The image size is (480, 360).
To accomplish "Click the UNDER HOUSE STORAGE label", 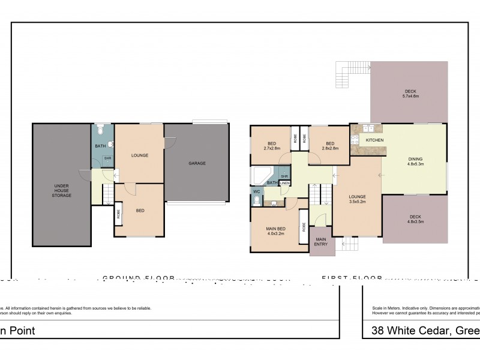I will click(62, 191).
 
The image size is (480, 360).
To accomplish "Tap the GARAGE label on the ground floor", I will click(197, 163).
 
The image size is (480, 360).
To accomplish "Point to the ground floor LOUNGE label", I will click(139, 155).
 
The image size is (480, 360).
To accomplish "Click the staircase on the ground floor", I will click(106, 194).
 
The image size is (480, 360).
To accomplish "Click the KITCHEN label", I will click(375, 140).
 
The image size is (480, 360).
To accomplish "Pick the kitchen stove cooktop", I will click(355, 140).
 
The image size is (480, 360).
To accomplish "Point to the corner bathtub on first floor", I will click(260, 176).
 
